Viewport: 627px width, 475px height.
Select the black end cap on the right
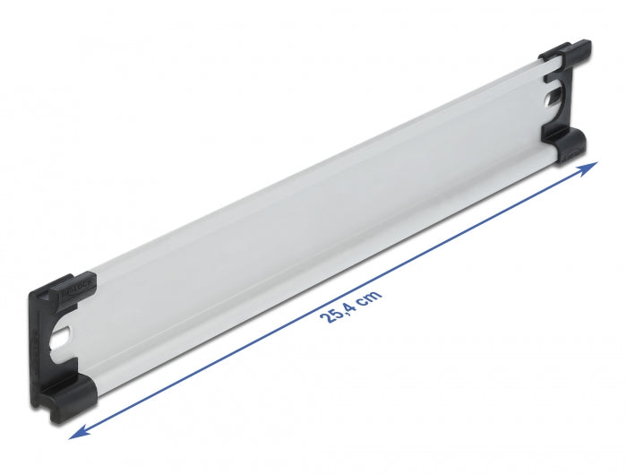(x=564, y=103)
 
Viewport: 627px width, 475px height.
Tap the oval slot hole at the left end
(x=63, y=339)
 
